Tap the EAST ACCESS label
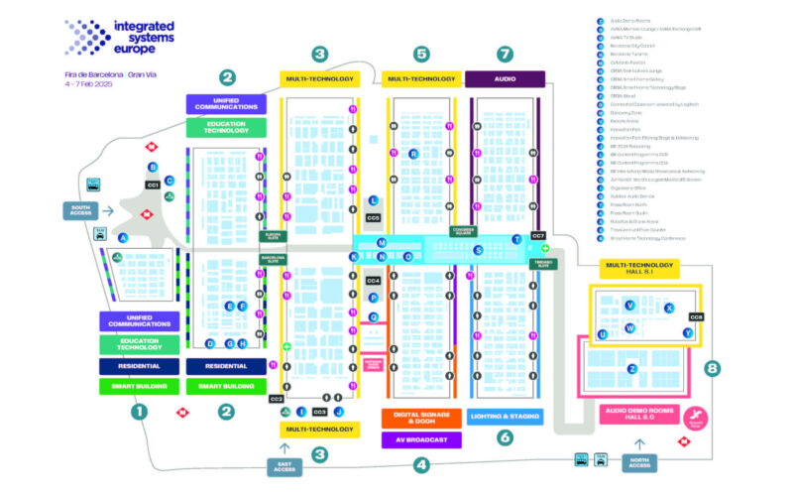pos(284,465)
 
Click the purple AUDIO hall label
pos(505,78)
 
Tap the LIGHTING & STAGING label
pos(506,417)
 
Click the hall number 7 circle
pos(506,54)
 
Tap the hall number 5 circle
pos(422,54)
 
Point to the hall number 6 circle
pos(505,437)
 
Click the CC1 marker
pos(153,186)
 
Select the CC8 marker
pos(696,316)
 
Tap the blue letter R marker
pos(413,154)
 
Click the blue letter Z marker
pos(631,369)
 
